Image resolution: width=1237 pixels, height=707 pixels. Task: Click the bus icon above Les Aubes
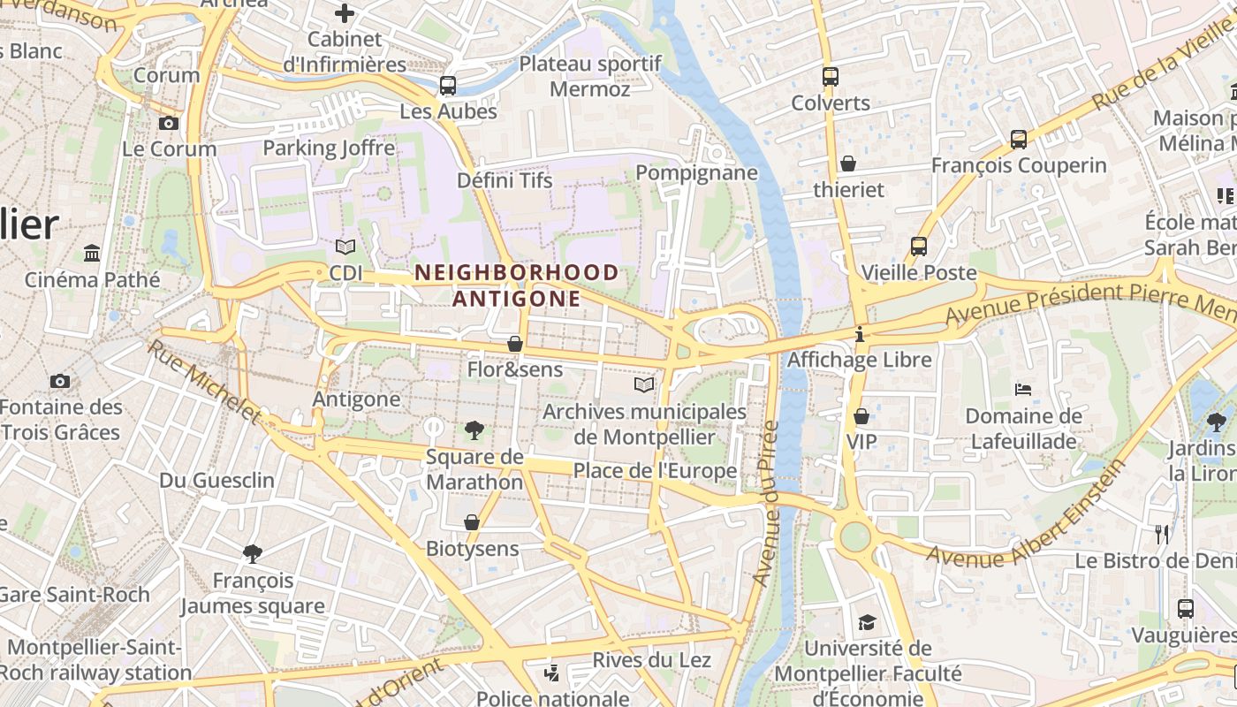[x=448, y=86]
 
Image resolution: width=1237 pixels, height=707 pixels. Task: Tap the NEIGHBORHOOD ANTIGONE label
[x=517, y=285]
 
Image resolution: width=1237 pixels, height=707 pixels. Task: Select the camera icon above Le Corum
[x=169, y=123]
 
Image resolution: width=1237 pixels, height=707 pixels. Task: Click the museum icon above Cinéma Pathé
[x=92, y=254]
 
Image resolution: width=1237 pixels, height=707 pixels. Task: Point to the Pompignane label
[x=696, y=172]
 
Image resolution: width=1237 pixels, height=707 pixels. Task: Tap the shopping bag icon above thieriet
[x=848, y=163]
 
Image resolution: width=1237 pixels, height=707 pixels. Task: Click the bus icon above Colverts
[x=830, y=77]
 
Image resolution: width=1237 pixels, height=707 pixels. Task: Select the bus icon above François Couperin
[x=1019, y=139]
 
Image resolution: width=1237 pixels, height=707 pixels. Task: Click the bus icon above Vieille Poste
[x=919, y=247]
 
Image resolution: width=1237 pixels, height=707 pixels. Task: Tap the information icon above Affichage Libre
[x=860, y=334]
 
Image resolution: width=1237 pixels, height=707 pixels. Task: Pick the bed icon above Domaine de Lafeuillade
[x=1023, y=389]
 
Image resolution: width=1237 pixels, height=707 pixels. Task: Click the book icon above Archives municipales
[x=645, y=385]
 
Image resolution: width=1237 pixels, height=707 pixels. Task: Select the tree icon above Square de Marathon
[x=474, y=431]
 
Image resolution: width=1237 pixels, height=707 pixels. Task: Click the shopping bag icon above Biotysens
[x=472, y=522]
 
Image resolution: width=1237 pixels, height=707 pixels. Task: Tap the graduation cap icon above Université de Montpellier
[x=867, y=622]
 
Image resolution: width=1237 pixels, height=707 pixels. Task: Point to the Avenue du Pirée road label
[x=765, y=504]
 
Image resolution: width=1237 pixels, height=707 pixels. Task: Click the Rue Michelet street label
[x=205, y=381]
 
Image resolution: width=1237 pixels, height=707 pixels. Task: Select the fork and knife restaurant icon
[x=1162, y=534]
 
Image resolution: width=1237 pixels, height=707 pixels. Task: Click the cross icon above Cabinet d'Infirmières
[x=345, y=13]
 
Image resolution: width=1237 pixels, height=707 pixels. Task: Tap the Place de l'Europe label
[x=655, y=471]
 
